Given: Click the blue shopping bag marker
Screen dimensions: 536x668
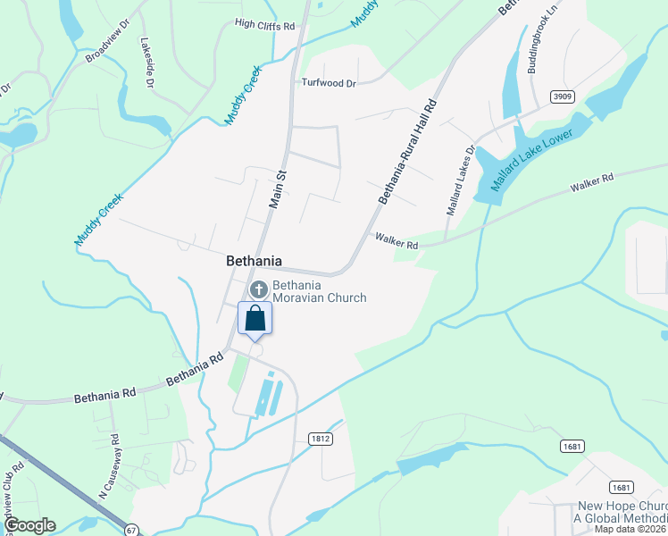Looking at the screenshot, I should [255, 319].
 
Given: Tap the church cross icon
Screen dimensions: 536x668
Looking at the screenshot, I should [259, 289].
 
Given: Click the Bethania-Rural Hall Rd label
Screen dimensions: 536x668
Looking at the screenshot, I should [406, 152].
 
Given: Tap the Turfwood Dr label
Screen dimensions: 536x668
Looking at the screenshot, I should [329, 83].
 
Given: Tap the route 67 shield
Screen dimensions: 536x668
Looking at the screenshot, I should [131, 531].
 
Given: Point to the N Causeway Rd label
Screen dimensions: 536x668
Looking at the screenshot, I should [109, 466].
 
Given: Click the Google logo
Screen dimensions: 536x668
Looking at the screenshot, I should [29, 526].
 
